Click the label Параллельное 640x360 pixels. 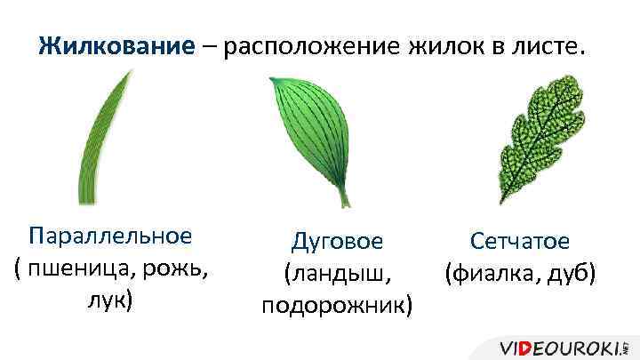(110, 236)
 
